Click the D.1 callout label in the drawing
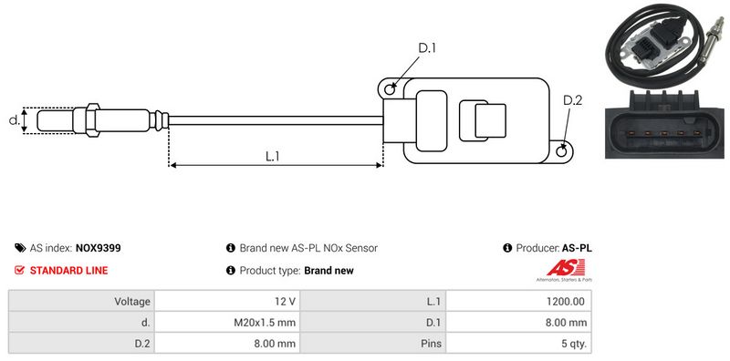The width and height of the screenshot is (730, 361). coord(426,48)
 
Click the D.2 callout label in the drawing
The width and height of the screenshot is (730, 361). coord(572,100)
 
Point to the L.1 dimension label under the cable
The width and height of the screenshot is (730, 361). coord(272,156)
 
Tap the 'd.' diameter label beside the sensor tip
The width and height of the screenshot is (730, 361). coord(15,120)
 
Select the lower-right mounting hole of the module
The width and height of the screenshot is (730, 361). coord(561,150)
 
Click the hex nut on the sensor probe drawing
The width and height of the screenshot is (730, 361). coord(92,120)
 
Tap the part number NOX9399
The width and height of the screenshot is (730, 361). coord(98,248)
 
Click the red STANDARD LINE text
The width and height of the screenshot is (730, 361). coord(69,270)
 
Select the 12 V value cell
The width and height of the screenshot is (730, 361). coord(227,302)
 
